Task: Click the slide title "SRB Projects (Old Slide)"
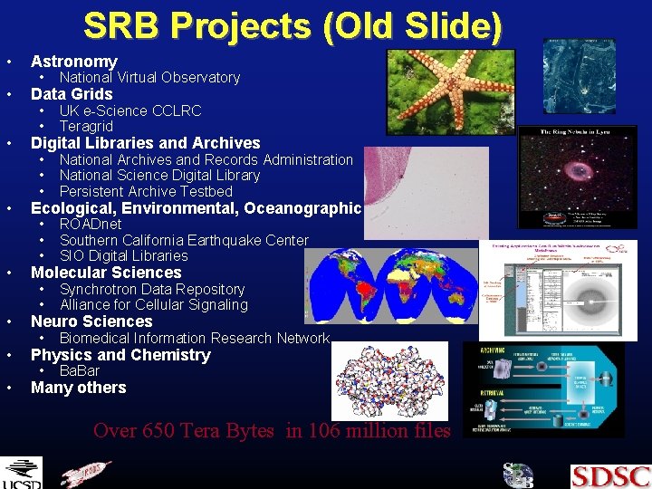pos(292,25)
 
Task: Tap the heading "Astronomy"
pos(74,62)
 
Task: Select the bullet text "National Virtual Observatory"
pos(149,78)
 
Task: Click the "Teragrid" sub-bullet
pos(86,127)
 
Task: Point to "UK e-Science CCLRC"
pos(130,110)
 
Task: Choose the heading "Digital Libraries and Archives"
pos(145,143)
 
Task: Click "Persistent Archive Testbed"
pos(146,192)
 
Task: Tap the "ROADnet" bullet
pos(91,225)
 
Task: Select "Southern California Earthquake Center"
pos(184,240)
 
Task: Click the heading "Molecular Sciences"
pos(106,273)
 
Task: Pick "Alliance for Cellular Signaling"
pos(153,305)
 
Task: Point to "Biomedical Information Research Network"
pos(194,338)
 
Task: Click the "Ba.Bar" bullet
pos(80,371)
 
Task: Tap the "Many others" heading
pos(79,388)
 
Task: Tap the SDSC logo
pos(610,475)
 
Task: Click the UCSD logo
pos(21,474)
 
